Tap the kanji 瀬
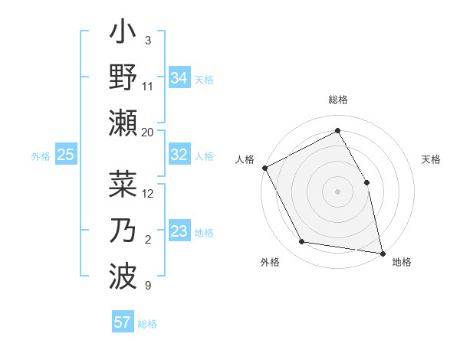[x=123, y=123]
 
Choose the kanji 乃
[x=123, y=232]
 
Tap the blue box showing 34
[x=179, y=78]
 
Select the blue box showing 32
[x=179, y=155]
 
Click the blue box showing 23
[x=179, y=232]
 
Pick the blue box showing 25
[x=65, y=155]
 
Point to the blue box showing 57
[x=122, y=322]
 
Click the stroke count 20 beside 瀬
[x=148, y=132]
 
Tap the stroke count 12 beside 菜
[x=148, y=193]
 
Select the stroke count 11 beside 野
[x=148, y=87]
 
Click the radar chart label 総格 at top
[x=338, y=100]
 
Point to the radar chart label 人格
[x=245, y=159]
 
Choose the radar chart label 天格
[x=432, y=159]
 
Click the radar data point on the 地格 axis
[x=383, y=252]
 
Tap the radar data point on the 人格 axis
[x=264, y=167]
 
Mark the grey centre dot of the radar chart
[x=338, y=191]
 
